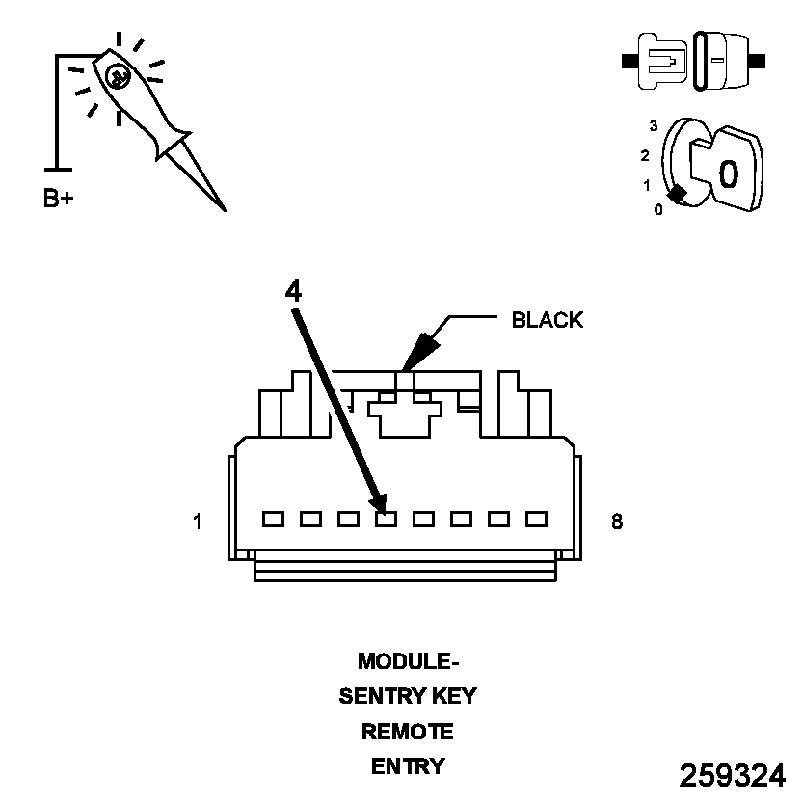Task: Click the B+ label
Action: click(x=58, y=199)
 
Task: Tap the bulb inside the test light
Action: click(x=118, y=75)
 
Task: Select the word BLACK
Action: click(x=547, y=320)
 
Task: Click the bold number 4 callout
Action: click(x=294, y=291)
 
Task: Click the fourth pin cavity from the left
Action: click(x=386, y=519)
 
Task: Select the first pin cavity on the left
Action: click(x=273, y=519)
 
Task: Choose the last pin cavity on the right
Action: click(x=536, y=519)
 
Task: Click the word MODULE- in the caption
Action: click(x=407, y=661)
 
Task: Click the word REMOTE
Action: click(x=407, y=731)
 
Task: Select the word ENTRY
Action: click(x=407, y=766)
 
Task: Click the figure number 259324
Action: click(x=732, y=775)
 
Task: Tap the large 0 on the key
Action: click(x=728, y=174)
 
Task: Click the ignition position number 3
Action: click(x=654, y=125)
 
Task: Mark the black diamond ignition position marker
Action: click(x=679, y=194)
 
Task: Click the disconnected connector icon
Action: click(x=694, y=60)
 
